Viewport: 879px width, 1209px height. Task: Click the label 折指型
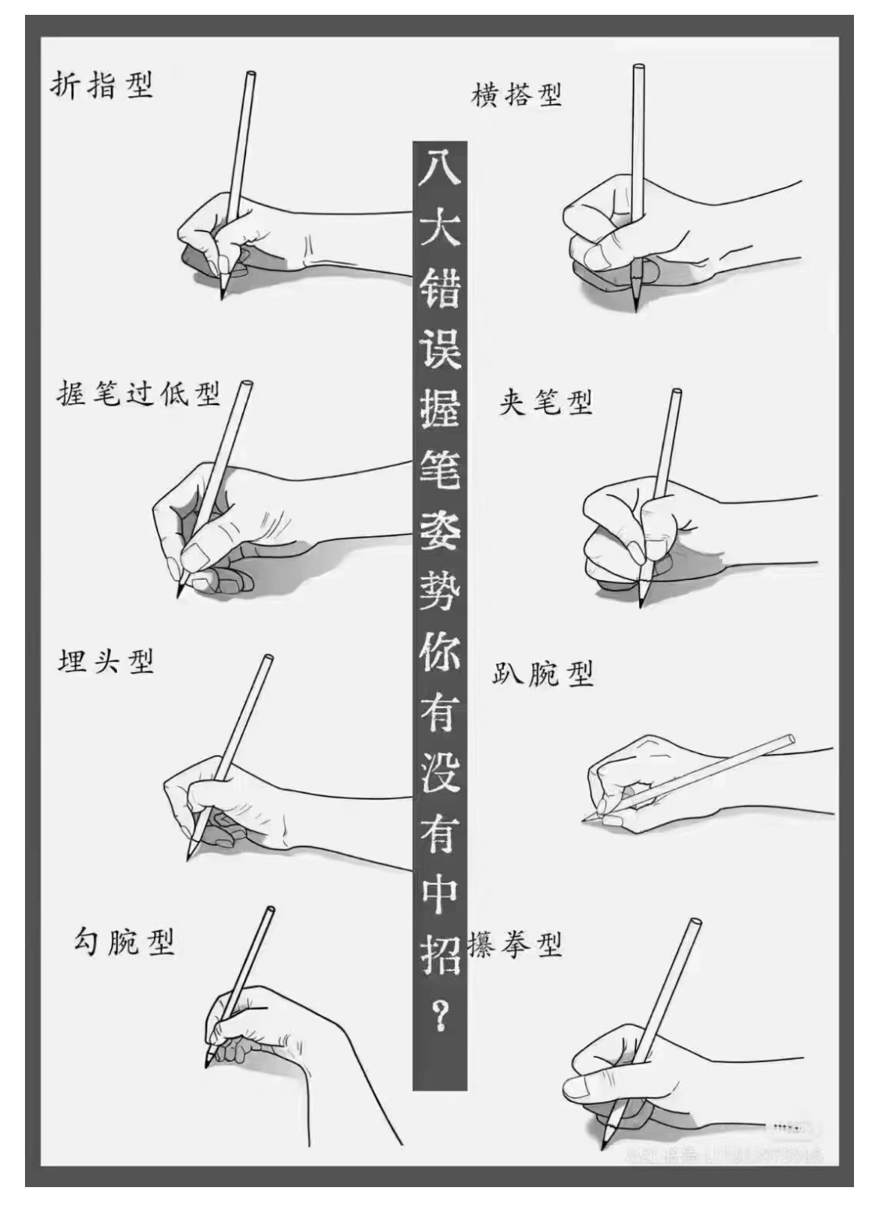(102, 85)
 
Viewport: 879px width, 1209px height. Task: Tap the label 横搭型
(516, 95)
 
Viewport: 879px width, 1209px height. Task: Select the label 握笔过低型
(138, 393)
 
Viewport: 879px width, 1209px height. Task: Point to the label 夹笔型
(545, 402)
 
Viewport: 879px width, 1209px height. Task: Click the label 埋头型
(105, 662)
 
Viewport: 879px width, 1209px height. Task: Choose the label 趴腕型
(543, 673)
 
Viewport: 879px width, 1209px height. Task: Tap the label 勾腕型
(123, 941)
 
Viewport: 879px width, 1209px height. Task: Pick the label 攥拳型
(516, 945)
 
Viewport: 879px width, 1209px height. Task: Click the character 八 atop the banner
(439, 166)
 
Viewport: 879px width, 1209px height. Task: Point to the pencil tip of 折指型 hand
(222, 297)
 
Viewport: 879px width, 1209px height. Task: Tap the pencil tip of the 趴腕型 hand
(584, 819)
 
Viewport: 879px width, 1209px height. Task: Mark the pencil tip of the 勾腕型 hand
(206, 1067)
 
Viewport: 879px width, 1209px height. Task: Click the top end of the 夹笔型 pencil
(676, 392)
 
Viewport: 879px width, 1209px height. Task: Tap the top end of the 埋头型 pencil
(268, 658)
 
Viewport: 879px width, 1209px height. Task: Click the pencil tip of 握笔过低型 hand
(179, 596)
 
